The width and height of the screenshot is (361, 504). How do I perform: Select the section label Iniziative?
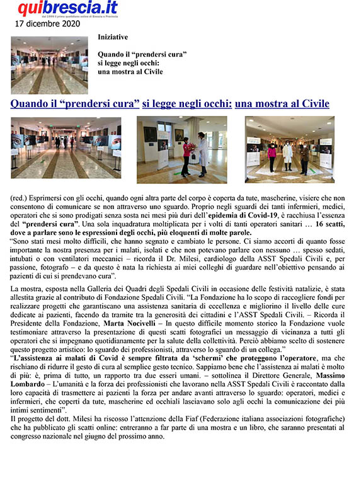click(x=113, y=37)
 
